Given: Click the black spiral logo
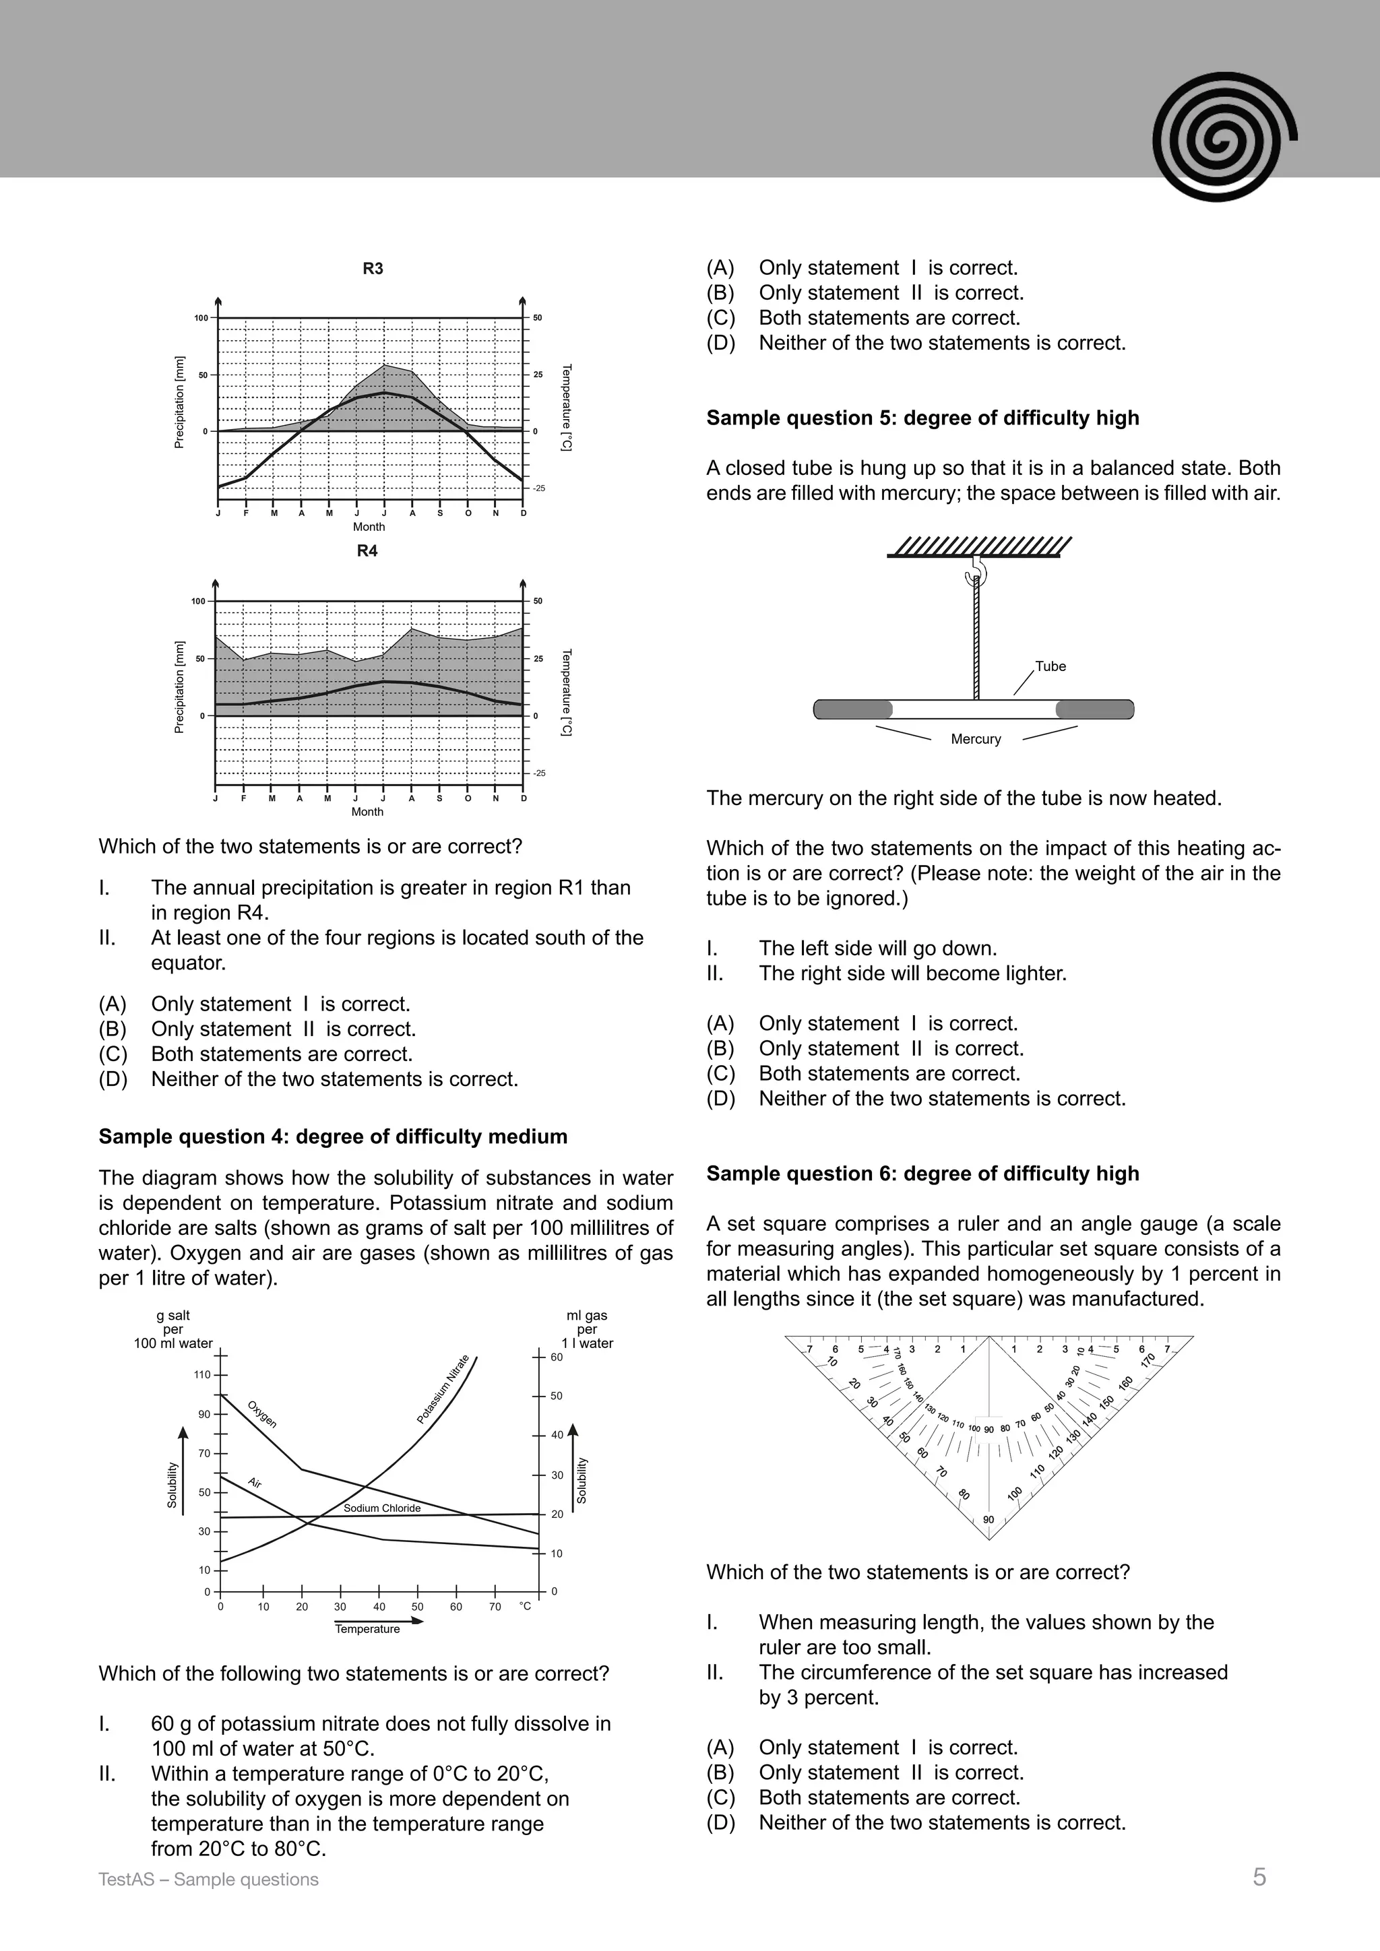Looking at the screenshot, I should click(x=1224, y=136).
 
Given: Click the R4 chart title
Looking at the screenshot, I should click(x=367, y=550).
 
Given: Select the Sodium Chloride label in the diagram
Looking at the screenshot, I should click(x=381, y=1508).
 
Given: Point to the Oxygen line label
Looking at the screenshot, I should click(x=261, y=1414).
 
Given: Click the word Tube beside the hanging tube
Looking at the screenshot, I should click(x=1050, y=666).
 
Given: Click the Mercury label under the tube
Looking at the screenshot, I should click(x=976, y=739).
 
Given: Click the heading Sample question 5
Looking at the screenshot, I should click(x=922, y=418).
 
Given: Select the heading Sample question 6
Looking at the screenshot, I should click(x=922, y=1174).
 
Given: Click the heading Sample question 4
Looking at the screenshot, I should click(x=332, y=1137).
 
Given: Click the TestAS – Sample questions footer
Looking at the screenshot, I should click(x=208, y=1880).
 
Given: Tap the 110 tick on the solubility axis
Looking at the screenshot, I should click(x=202, y=1375).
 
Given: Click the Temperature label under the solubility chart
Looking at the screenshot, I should click(x=367, y=1629).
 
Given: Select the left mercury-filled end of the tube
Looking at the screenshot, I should click(x=853, y=709).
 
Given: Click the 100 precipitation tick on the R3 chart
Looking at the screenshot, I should click(x=201, y=318).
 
